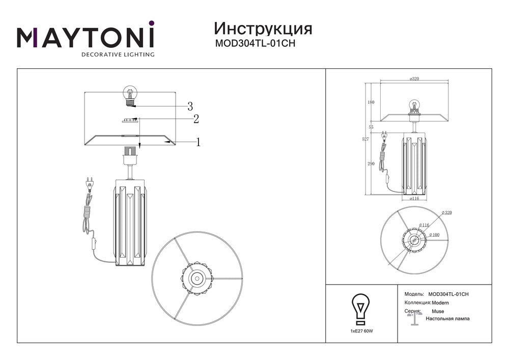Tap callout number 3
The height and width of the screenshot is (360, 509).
pos(190,106)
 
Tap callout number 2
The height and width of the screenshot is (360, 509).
pos(195,119)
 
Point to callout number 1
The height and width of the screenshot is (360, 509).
pos(198,143)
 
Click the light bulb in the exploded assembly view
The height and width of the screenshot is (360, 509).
pos(131,95)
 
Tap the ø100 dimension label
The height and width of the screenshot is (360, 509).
pos(434,235)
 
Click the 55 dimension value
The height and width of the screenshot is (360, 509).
pos(371,126)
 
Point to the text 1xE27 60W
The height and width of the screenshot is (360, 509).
pos(362,331)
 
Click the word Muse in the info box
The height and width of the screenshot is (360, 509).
pos(438,311)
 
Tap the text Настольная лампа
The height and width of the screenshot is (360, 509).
pos(448,319)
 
